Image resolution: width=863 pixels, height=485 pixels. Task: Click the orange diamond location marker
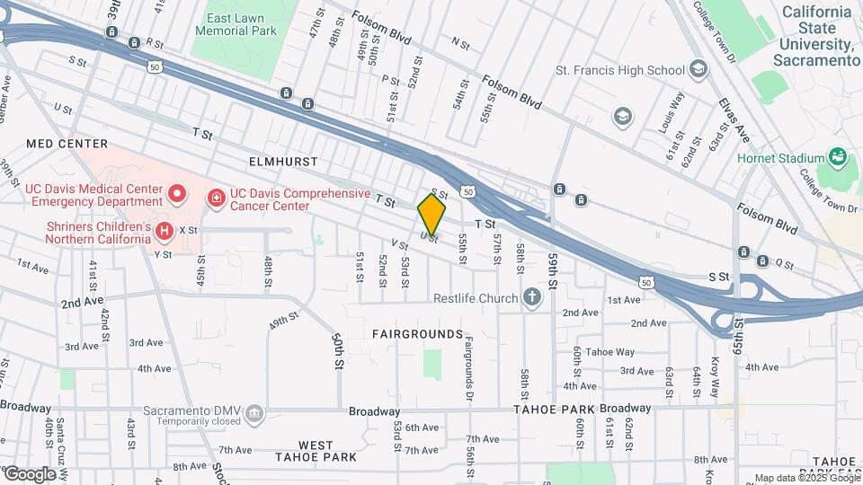[431, 215]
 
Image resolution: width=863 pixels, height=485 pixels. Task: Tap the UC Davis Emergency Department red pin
[177, 192]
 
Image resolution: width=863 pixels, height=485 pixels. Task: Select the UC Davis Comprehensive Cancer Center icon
[217, 197]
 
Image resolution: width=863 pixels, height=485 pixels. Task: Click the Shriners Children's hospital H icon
[164, 233]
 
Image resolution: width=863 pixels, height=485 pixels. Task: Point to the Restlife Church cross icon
[532, 297]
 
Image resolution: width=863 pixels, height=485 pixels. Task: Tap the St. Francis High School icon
[698, 70]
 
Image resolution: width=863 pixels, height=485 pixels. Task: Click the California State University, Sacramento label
[816, 36]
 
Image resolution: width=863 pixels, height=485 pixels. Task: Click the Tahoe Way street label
[609, 352]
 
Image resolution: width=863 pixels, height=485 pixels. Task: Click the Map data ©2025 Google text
[806, 478]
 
